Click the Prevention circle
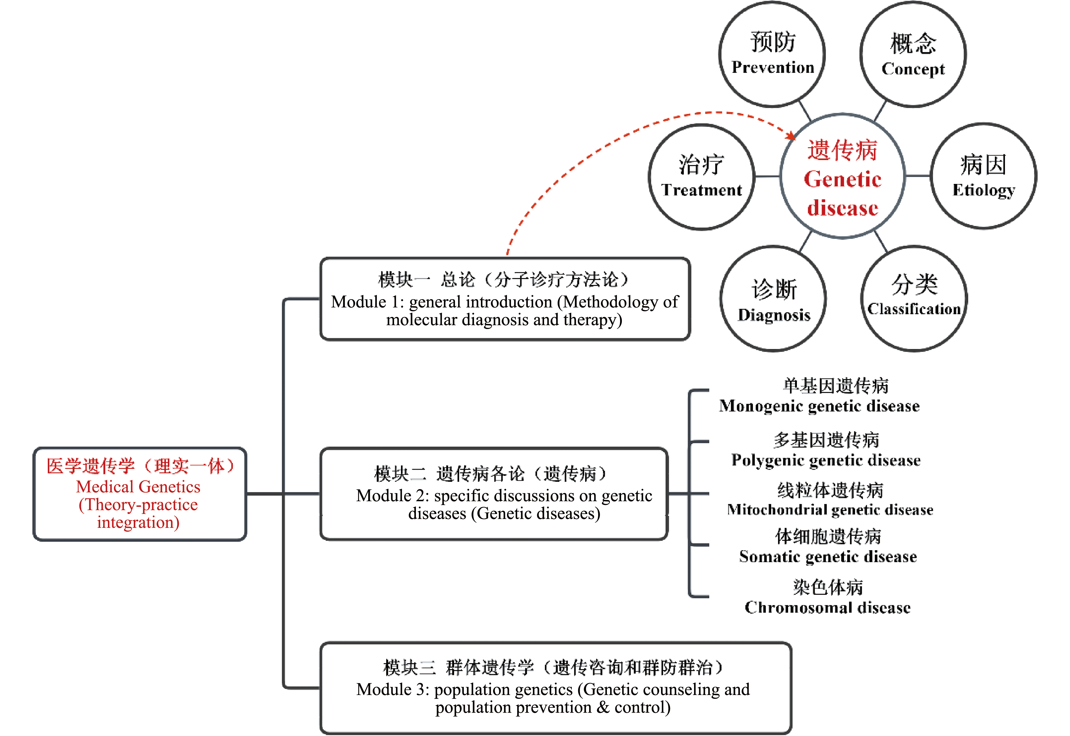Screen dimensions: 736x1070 pyautogui.click(x=772, y=54)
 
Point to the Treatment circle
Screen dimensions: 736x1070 pyautogui.click(x=702, y=177)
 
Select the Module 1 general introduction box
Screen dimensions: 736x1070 pyautogui.click(x=505, y=299)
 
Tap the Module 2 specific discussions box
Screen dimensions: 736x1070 pyautogui.click(x=494, y=494)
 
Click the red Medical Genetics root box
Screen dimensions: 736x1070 pyautogui.click(x=139, y=494)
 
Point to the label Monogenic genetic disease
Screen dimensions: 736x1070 pyautogui.click(x=819, y=406)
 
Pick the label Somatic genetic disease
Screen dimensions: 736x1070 pyautogui.click(x=828, y=557)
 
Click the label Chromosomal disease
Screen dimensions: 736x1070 pyautogui.click(x=827, y=608)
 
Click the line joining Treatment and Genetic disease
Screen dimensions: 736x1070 pyautogui.click(x=767, y=176)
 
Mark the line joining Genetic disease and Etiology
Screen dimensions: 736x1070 pyautogui.click(x=918, y=176)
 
